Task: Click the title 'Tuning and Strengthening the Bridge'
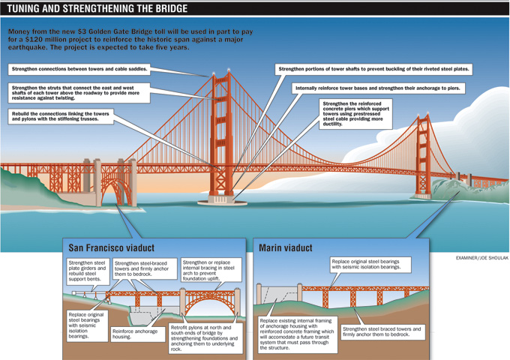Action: tap(97, 8)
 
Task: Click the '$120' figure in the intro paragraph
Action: tap(26, 40)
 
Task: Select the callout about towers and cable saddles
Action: tap(79, 69)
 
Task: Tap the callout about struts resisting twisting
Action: tap(79, 93)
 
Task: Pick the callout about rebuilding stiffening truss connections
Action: tap(61, 116)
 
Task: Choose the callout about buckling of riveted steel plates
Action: tap(373, 69)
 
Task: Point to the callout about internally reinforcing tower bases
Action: tap(378, 88)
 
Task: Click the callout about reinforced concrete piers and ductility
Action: tap(355, 114)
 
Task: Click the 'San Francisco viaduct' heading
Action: tap(111, 248)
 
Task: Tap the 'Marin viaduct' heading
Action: tap(286, 248)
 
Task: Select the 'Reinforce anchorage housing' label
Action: tap(138, 334)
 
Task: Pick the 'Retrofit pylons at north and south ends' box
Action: tap(205, 338)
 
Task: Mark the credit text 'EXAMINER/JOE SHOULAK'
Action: tap(482, 258)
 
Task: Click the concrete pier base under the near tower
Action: tap(222, 200)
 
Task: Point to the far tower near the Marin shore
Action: tap(423, 155)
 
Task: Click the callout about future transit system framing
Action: tap(298, 334)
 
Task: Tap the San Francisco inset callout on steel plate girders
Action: tap(88, 271)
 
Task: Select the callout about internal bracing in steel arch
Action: tap(211, 270)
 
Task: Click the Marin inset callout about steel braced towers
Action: tap(382, 332)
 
